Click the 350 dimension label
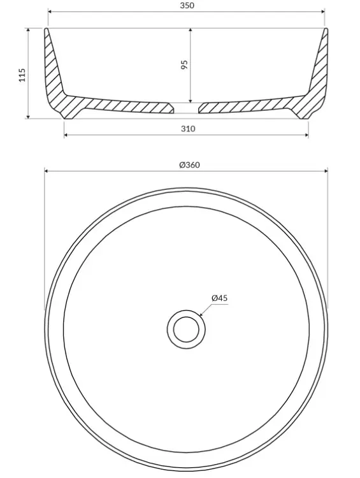[x=187, y=6]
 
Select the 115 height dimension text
[x=22, y=75]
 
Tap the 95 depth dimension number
[x=184, y=65]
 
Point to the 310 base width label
[x=188, y=129]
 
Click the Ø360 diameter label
[x=190, y=165]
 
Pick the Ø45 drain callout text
[x=220, y=298]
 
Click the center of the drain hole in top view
[x=186, y=330]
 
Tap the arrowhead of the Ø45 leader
[x=201, y=314]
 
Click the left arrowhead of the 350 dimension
[x=50, y=12]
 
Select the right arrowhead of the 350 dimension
[x=322, y=12]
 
